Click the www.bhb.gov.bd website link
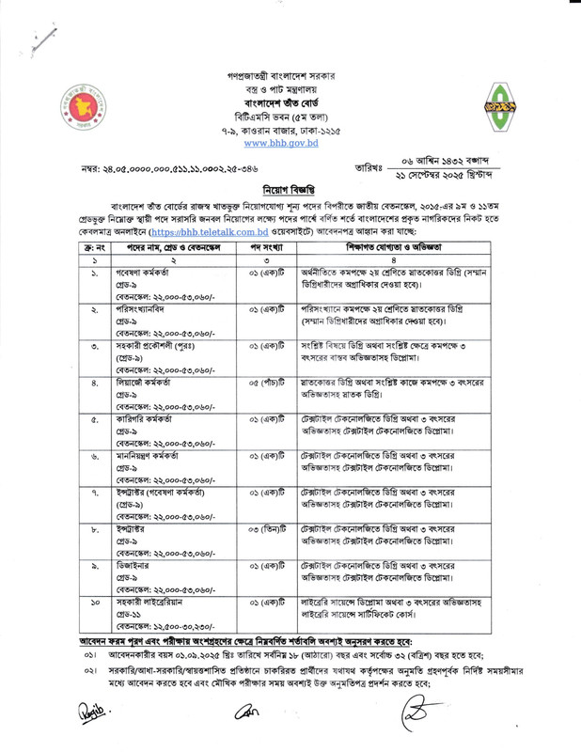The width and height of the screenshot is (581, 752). click(289, 144)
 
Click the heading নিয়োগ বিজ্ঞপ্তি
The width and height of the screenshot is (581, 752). click(290, 186)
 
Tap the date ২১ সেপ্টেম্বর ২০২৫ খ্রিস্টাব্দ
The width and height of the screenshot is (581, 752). click(457, 176)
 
